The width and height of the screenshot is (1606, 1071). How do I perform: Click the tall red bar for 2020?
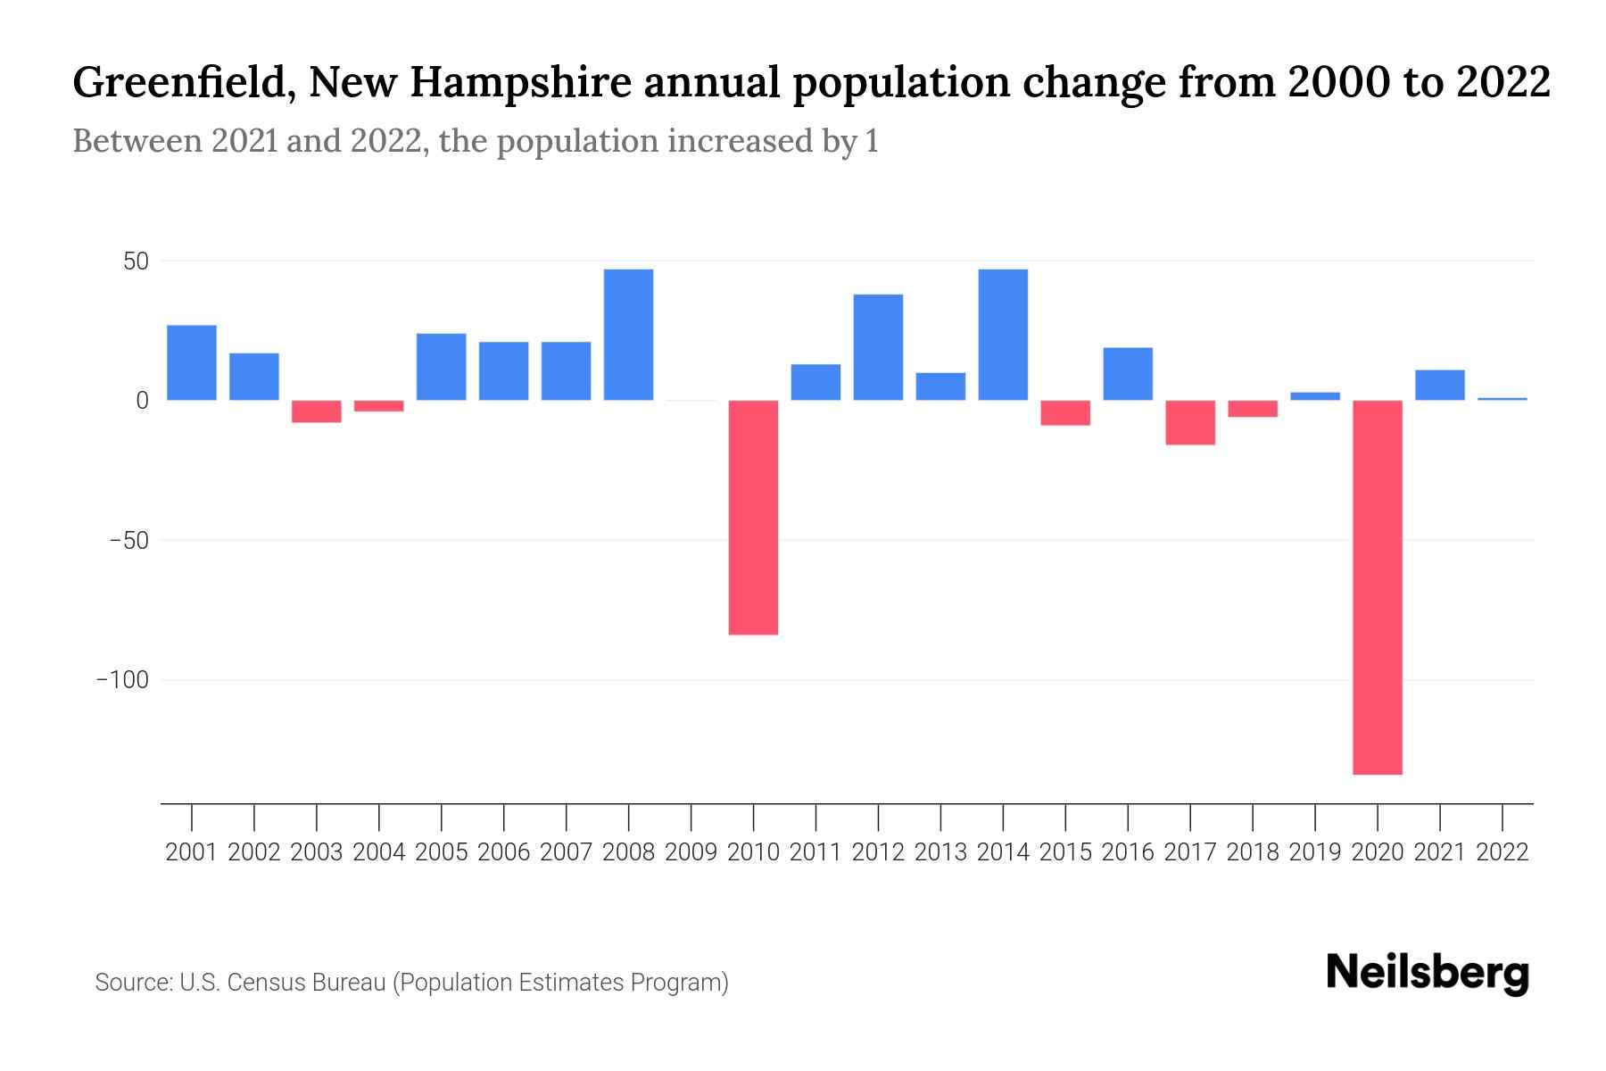(x=1377, y=586)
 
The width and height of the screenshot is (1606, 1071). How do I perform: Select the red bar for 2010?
(x=753, y=517)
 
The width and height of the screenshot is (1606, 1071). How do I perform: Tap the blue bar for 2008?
(x=628, y=335)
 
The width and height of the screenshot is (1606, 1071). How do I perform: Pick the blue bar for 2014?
(x=1003, y=335)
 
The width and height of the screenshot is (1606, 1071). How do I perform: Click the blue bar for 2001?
(x=192, y=362)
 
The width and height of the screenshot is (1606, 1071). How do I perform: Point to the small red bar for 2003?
(x=317, y=411)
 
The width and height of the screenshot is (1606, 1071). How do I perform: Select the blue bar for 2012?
(x=878, y=347)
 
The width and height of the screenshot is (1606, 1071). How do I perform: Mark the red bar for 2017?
(x=1190, y=422)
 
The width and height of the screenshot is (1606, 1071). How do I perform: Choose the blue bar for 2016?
(x=1128, y=374)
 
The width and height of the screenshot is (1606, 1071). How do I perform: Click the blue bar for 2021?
(x=1439, y=385)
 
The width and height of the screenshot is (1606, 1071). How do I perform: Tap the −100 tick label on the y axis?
(x=121, y=680)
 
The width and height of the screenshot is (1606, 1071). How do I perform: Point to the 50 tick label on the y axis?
(x=136, y=262)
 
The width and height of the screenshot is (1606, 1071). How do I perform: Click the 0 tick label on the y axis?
(x=142, y=401)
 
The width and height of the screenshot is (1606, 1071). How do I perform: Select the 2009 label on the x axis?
(x=691, y=852)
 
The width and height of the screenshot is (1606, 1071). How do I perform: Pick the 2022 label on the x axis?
(x=1503, y=852)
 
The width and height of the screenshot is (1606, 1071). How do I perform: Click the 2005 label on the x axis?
(x=441, y=852)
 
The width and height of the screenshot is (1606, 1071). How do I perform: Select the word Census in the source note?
(x=267, y=983)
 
